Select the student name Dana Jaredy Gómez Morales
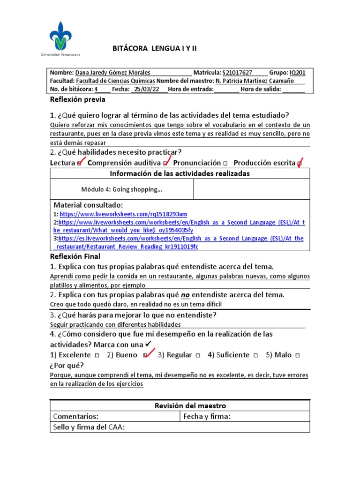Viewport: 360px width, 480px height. (x=113, y=73)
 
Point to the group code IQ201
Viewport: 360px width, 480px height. (x=297, y=73)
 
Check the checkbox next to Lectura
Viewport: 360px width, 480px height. (x=79, y=164)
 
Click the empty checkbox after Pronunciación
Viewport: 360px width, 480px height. (x=225, y=163)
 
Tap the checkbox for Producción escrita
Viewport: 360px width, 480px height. (x=300, y=164)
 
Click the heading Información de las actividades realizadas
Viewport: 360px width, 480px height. (x=180, y=173)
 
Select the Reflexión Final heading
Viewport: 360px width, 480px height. (x=75, y=256)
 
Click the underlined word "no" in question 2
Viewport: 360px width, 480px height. (x=185, y=295)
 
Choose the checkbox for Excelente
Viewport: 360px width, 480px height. (x=96, y=355)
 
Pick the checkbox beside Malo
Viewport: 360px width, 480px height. (x=298, y=355)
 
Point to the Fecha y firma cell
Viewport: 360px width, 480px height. (x=207, y=416)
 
